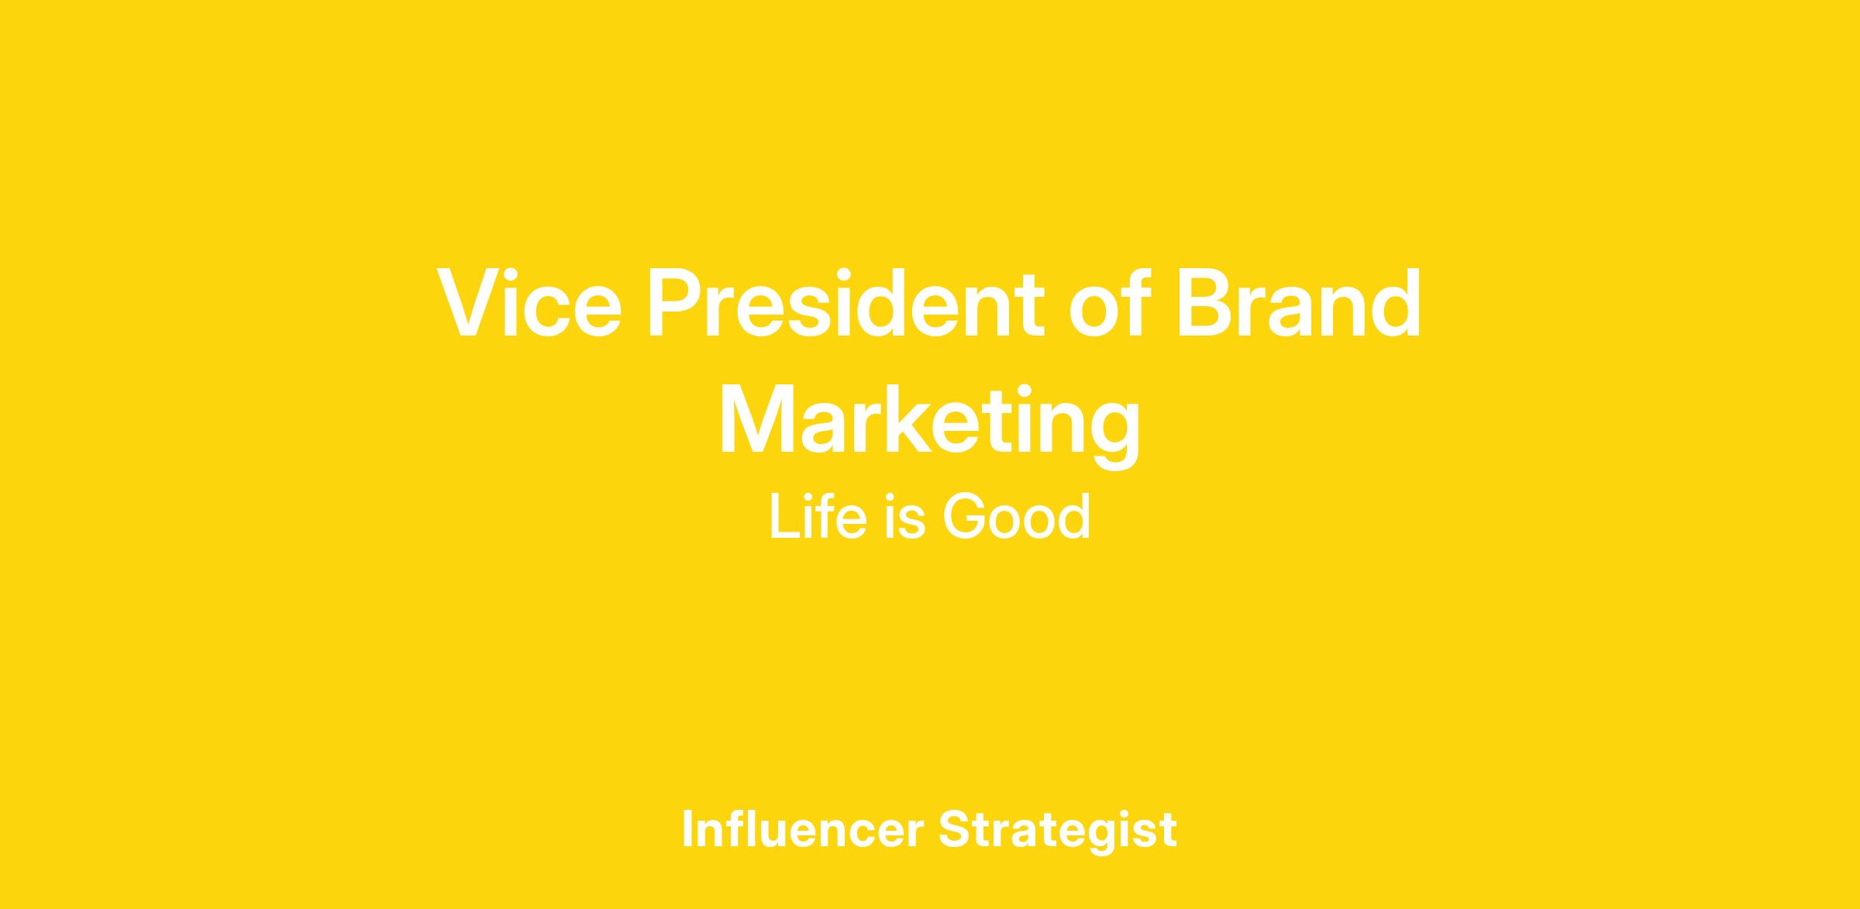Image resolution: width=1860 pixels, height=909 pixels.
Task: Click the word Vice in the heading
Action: (x=529, y=303)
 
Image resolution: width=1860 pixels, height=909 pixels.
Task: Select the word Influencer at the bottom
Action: (x=803, y=828)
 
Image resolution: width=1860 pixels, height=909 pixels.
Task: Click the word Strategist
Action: (x=1058, y=830)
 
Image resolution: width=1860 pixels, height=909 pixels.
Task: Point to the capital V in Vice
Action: (x=467, y=303)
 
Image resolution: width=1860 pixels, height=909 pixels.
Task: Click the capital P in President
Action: (x=677, y=303)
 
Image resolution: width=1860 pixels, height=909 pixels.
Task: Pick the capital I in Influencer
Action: (x=688, y=828)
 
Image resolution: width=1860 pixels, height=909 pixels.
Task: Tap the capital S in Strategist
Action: (x=956, y=828)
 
